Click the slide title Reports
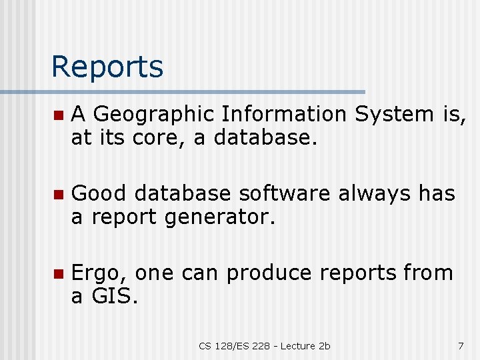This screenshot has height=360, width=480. (x=107, y=67)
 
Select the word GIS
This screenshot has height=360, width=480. (x=115, y=296)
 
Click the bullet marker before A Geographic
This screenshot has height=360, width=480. (x=59, y=115)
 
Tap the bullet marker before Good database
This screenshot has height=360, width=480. (x=59, y=194)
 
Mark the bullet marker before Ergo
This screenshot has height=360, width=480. (x=59, y=273)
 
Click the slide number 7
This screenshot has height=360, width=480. (x=461, y=345)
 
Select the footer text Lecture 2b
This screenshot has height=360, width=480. (x=305, y=345)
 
